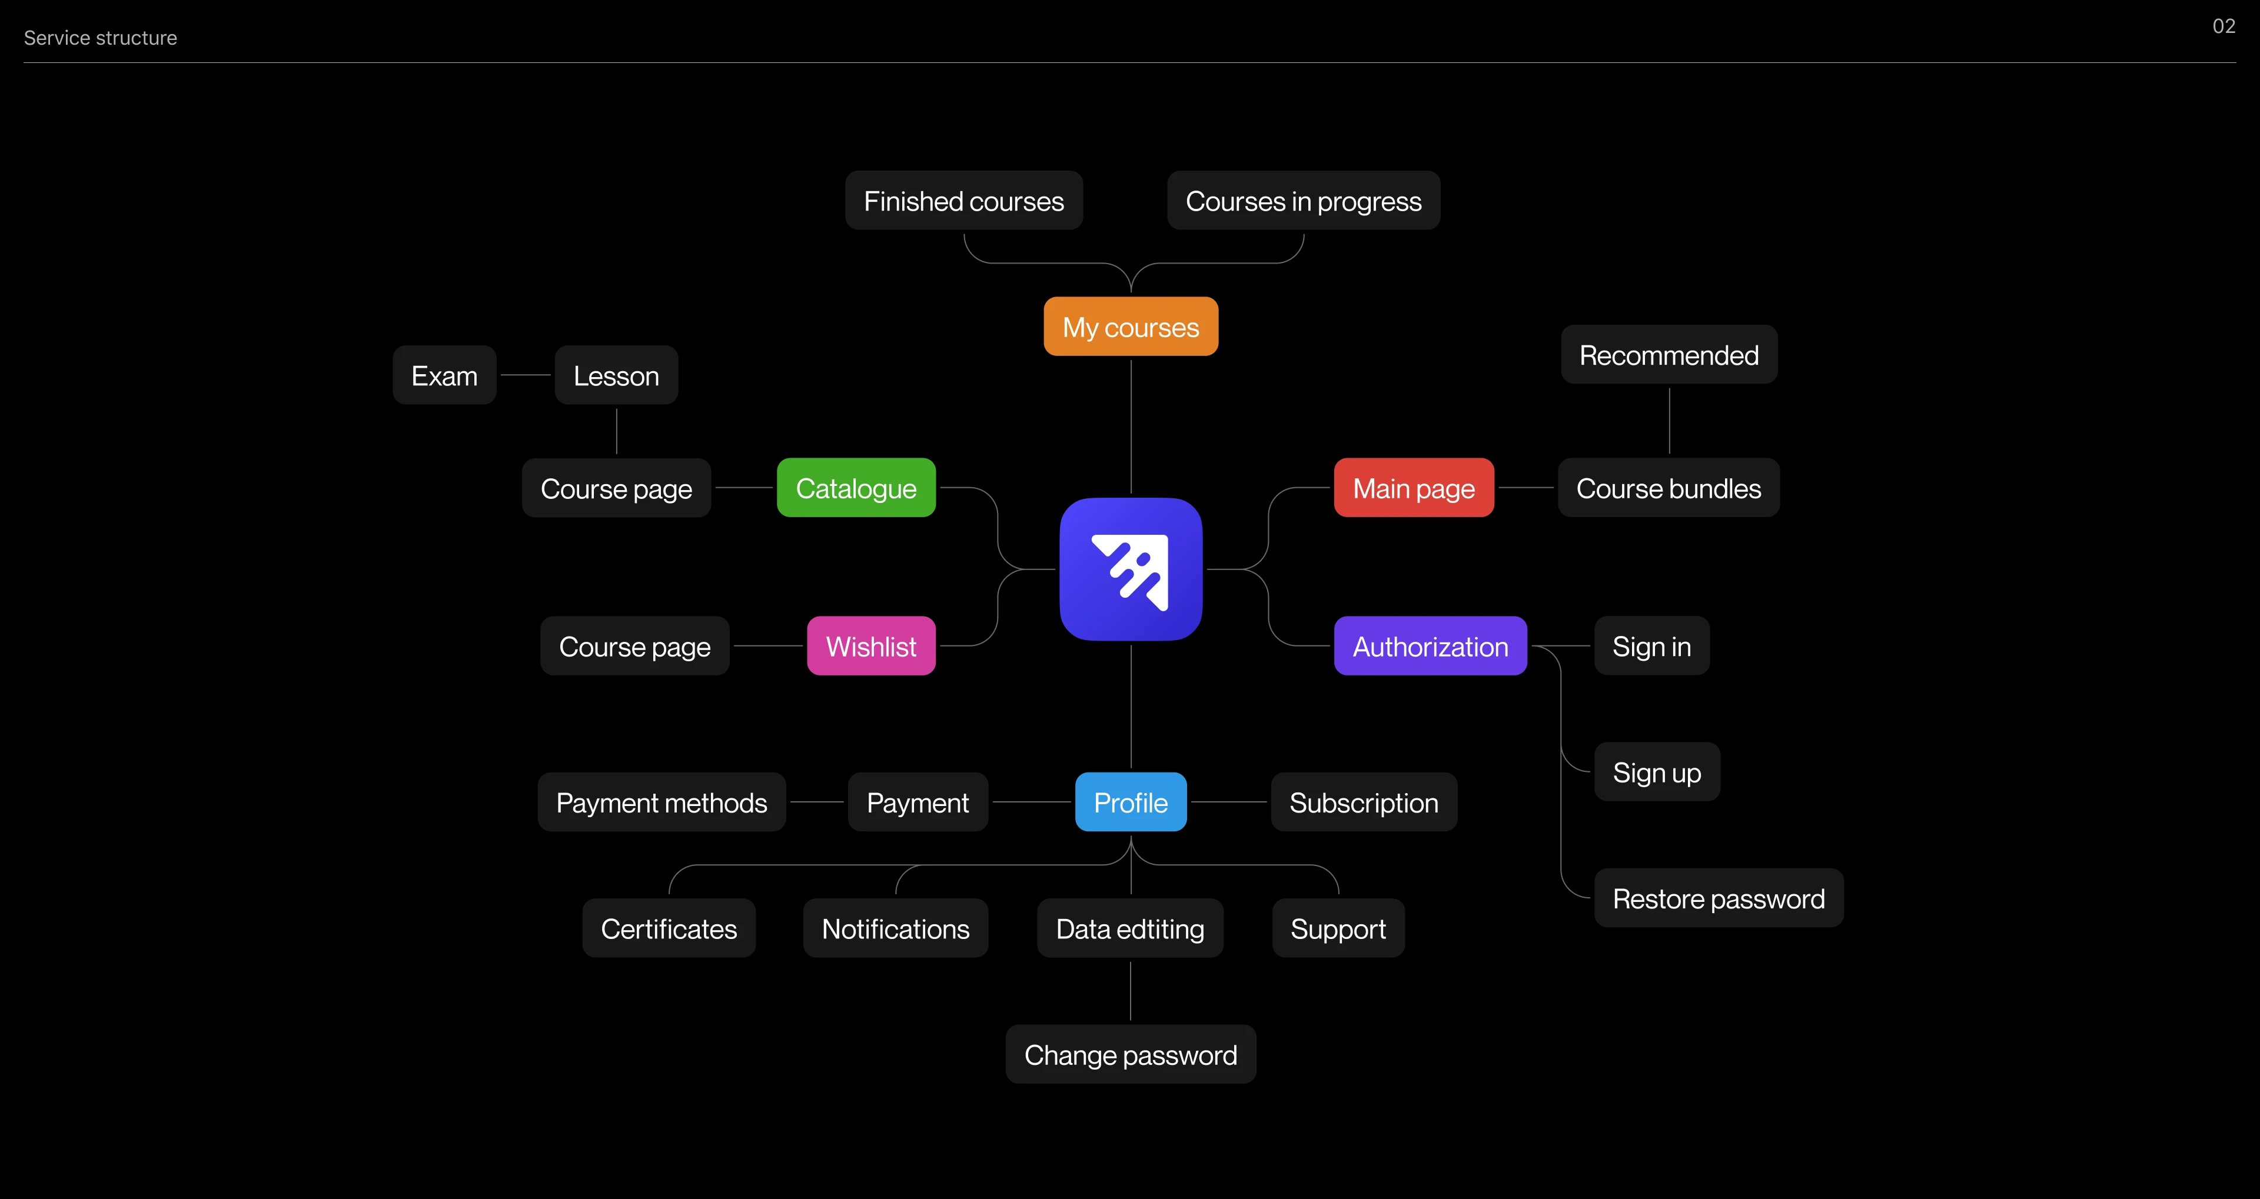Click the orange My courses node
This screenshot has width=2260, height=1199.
tap(1130, 327)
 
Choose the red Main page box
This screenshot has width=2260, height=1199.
tap(1413, 488)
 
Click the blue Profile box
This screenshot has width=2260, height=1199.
tap(1130, 802)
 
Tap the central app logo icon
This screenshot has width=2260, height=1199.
tap(1130, 569)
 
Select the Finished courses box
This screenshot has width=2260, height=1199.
tap(963, 201)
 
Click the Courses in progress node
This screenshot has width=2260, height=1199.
tap(1303, 201)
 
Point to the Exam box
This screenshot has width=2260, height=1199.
tap(444, 375)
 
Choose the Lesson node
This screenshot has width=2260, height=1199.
tap(616, 375)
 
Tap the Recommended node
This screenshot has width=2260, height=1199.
tap(1669, 354)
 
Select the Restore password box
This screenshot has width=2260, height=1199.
tap(1718, 898)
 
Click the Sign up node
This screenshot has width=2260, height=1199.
tap(1656, 772)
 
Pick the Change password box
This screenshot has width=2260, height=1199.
tap(1130, 1054)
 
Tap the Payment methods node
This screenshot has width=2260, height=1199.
tap(662, 802)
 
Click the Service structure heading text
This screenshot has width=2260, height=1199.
tap(100, 38)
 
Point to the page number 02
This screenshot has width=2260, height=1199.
tap(2223, 26)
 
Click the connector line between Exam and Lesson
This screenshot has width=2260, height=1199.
tap(526, 375)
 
